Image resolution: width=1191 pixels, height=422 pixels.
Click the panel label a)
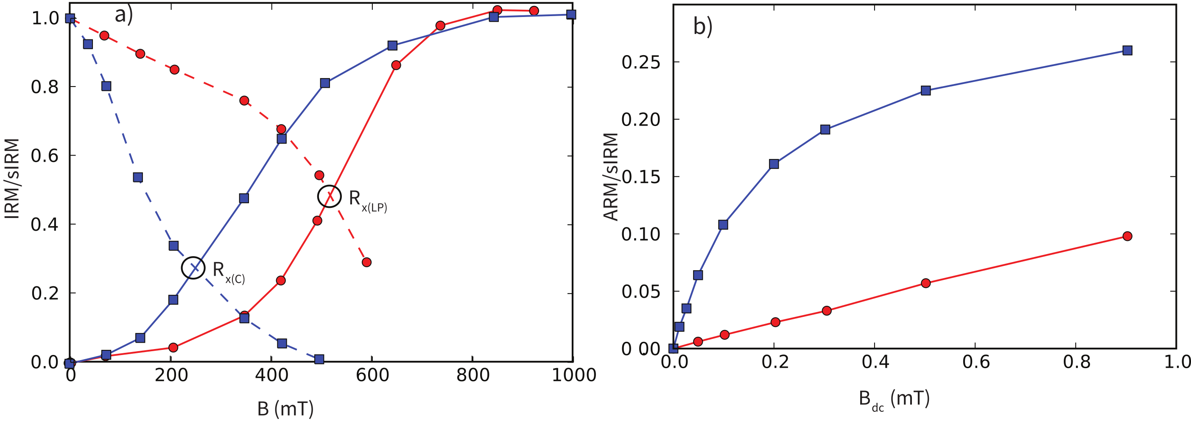point(123,15)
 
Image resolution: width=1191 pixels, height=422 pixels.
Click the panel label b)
point(702,26)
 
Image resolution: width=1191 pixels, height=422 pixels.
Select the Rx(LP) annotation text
point(368,201)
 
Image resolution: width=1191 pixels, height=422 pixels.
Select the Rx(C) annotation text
point(228,272)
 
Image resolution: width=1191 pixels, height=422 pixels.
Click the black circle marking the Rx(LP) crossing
point(329,196)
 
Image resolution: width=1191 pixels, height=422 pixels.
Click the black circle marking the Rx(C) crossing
point(193,268)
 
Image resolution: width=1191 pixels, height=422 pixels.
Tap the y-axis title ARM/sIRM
point(611,176)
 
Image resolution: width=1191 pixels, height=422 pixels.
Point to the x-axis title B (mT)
point(285,408)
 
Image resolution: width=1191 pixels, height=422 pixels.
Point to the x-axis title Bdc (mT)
point(894,398)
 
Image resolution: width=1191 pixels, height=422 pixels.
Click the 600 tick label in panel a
point(372,375)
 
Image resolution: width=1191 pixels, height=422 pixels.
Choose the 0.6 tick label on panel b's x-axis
point(976,362)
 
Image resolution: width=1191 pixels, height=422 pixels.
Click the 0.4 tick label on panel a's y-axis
point(45,225)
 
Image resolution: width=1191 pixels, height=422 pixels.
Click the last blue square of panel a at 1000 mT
point(571,15)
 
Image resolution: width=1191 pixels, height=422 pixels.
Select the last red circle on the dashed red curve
point(366,262)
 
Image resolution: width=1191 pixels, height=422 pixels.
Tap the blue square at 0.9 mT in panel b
point(1127,50)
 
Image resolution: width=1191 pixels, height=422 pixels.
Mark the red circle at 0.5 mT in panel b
point(925,283)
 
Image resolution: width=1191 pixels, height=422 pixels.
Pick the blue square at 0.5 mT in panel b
point(925,91)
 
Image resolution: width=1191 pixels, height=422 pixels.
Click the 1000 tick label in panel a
point(574,375)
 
